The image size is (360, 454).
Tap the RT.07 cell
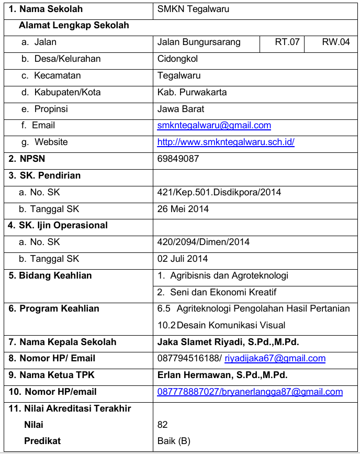tap(287, 42)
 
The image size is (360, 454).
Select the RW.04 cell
tap(335, 42)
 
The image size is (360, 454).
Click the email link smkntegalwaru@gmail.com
tap(214, 125)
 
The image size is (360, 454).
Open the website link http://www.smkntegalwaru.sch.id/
tap(226, 142)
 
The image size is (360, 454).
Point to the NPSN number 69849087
tap(178, 159)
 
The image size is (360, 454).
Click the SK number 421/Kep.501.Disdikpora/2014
tap(219, 192)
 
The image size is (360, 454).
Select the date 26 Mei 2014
tap(183, 209)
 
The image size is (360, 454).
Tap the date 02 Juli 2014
tap(183, 259)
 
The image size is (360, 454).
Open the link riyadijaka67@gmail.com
tap(275, 359)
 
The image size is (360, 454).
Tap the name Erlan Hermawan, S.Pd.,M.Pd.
tap(222, 375)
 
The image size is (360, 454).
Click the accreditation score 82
tap(163, 425)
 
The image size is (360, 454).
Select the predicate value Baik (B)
tap(174, 441)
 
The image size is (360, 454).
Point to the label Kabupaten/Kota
tap(67, 92)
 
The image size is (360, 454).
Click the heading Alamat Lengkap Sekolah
tap(74, 25)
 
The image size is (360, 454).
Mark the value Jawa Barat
tap(181, 109)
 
